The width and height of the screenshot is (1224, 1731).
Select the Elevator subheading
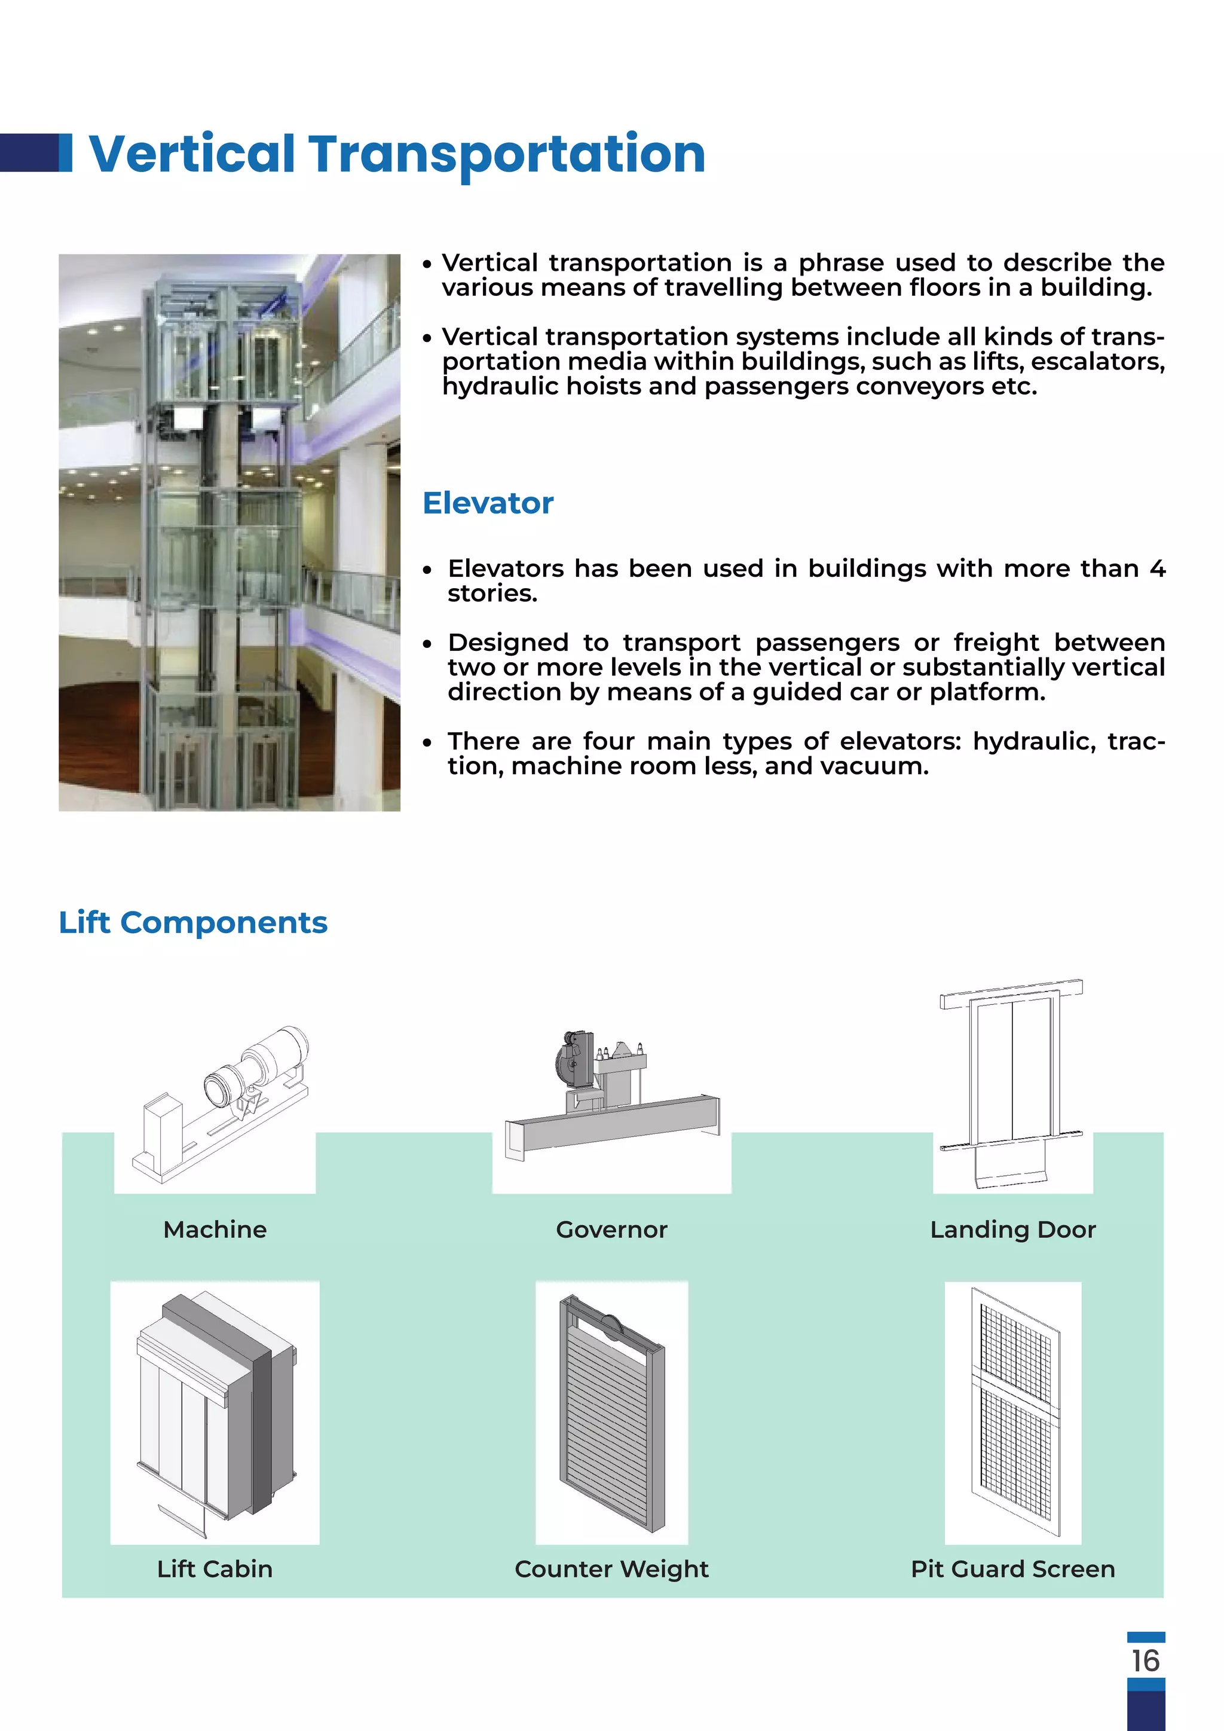point(488,503)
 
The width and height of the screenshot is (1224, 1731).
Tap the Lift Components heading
point(193,922)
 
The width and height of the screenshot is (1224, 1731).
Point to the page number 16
point(1145,1660)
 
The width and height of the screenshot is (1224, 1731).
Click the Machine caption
point(215,1230)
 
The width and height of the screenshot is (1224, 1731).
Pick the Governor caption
point(611,1230)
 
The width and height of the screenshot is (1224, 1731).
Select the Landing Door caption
point(1012,1230)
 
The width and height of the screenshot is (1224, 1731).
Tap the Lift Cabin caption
point(215,1569)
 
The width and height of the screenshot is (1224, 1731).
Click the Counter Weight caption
point(611,1569)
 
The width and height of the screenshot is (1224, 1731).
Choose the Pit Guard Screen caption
point(1012,1569)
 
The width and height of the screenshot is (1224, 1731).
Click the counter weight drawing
point(611,1414)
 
